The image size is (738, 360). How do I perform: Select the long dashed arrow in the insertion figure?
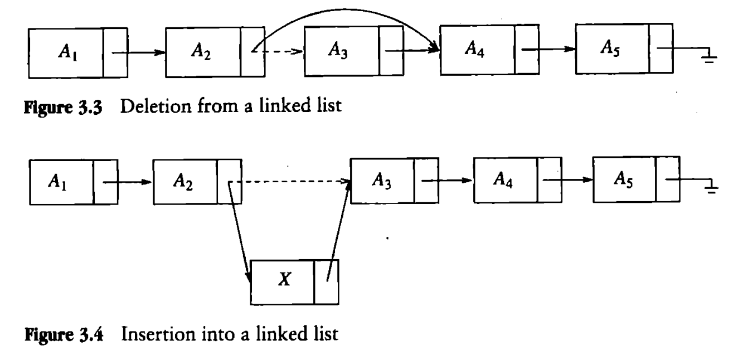point(290,182)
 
